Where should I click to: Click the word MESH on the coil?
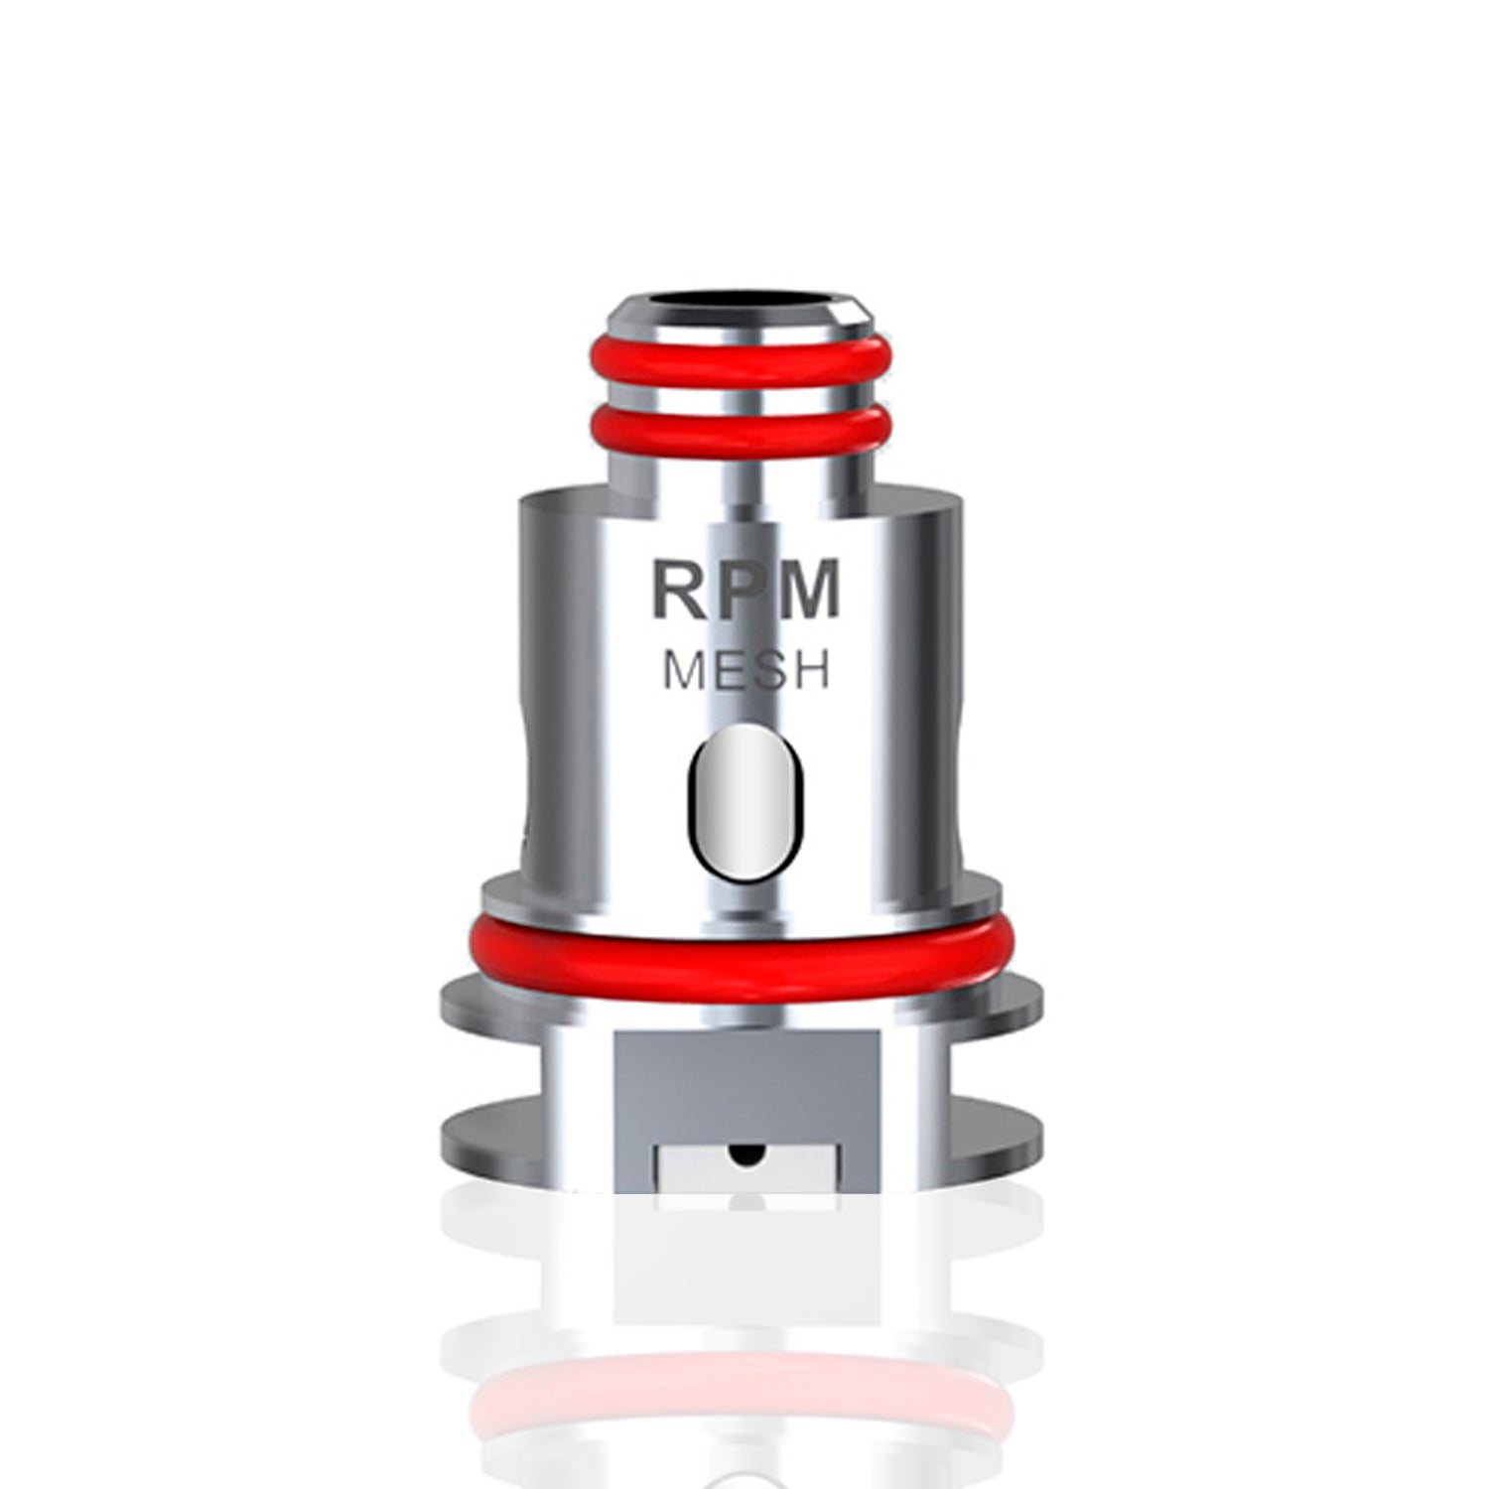tap(746, 672)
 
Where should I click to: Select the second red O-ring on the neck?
tap(744, 429)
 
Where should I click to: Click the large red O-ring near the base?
tap(744, 943)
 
